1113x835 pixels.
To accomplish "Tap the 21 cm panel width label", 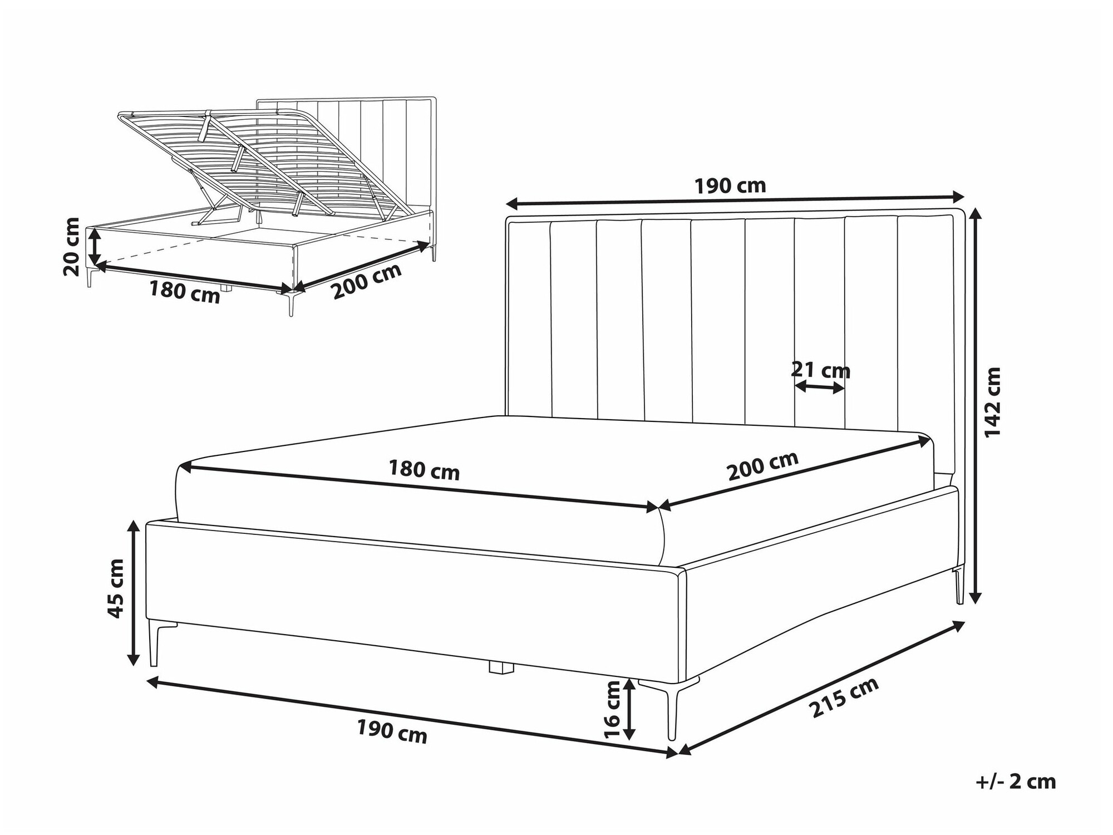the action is (x=821, y=370).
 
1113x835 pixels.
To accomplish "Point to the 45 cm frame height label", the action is (x=116, y=588).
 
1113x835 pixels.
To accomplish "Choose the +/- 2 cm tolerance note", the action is (x=1016, y=782).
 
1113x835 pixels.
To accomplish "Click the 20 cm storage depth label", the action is (x=72, y=247).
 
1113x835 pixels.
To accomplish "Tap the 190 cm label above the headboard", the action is (x=730, y=185).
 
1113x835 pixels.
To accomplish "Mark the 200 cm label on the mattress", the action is (x=763, y=465).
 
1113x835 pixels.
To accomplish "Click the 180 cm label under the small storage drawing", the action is (x=185, y=291).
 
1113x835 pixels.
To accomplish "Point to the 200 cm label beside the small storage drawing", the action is (x=366, y=281).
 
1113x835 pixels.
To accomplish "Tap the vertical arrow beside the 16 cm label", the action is (x=629, y=710).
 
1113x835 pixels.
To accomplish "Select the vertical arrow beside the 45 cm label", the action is (x=134, y=592).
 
